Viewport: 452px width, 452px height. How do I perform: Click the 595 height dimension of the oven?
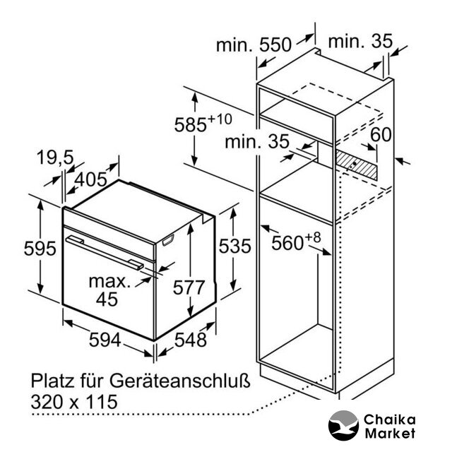pyautogui.click(x=40, y=248)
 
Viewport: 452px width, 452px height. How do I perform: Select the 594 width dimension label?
pyautogui.click(x=105, y=340)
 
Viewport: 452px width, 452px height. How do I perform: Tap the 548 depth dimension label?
pyautogui.click(x=191, y=340)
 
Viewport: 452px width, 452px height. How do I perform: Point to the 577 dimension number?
pyautogui.click(x=189, y=287)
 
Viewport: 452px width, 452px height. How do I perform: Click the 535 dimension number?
pyautogui.click(x=235, y=246)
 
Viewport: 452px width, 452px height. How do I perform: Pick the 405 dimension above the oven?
pyautogui.click(x=91, y=179)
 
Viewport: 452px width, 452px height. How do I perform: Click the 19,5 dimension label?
pyautogui.click(x=55, y=157)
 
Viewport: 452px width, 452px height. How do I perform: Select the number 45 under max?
pyautogui.click(x=107, y=299)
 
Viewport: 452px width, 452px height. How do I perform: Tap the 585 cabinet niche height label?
pyautogui.click(x=191, y=124)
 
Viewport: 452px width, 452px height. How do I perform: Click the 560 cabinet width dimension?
pyautogui.click(x=287, y=243)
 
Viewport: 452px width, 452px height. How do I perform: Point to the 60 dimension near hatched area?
pyautogui.click(x=381, y=135)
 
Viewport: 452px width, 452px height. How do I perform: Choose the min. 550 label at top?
pyautogui.click(x=254, y=45)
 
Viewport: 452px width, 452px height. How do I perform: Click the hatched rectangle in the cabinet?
pyautogui.click(x=356, y=165)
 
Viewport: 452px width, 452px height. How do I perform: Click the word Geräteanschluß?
pyautogui.click(x=179, y=381)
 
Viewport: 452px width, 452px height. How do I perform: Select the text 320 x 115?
pyautogui.click(x=74, y=402)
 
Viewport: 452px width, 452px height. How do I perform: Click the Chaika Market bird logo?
pyautogui.click(x=343, y=426)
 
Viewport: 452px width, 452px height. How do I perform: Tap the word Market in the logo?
pyautogui.click(x=390, y=433)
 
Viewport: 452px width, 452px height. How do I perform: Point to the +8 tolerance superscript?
pyautogui.click(x=312, y=237)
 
